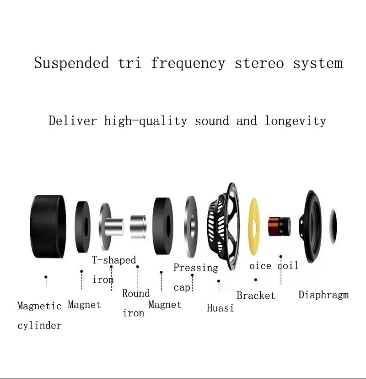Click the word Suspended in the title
tap(72, 63)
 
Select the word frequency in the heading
tap(188, 63)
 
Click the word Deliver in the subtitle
tap(73, 121)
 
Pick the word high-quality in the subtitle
tap(145, 121)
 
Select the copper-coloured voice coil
tap(279, 225)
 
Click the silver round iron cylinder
tap(138, 225)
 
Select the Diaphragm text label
tap(323, 295)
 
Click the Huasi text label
tap(220, 308)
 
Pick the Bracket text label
tap(256, 296)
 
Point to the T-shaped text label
tap(114, 260)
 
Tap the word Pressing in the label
tap(195, 268)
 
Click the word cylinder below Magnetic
tap(39, 325)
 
